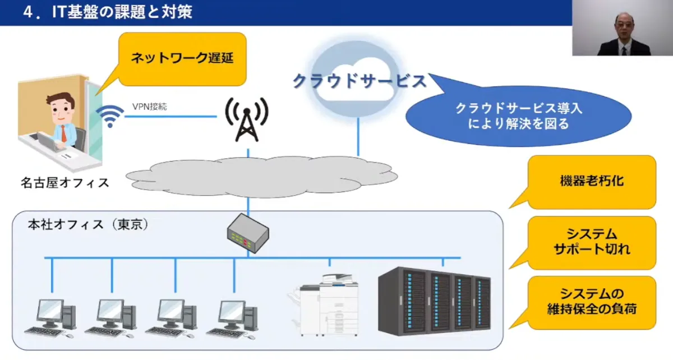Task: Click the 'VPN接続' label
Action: [149, 106]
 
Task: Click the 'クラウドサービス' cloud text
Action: [359, 81]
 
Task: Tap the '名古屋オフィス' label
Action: [64, 183]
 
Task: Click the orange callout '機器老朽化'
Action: [591, 182]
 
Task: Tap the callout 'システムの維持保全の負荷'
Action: [591, 302]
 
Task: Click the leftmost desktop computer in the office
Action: [56, 317]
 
